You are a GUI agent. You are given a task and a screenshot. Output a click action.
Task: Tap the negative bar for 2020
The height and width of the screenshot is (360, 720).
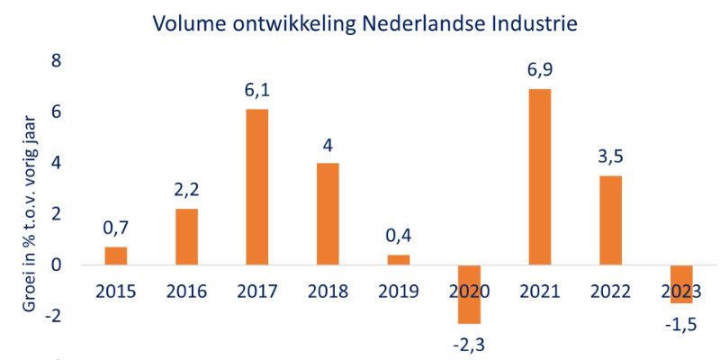point(468,294)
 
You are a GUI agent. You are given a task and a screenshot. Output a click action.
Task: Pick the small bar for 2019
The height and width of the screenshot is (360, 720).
point(398,260)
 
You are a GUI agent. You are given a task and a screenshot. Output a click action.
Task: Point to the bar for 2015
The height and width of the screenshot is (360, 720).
point(116,256)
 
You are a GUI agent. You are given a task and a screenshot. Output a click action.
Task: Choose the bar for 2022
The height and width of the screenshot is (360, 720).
point(609,220)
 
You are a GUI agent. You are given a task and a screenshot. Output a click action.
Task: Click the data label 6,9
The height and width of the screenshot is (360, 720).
point(538,69)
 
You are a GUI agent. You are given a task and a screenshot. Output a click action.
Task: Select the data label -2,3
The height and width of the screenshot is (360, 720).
point(468,342)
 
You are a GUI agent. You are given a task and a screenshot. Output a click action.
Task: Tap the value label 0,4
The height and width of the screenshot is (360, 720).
point(398,236)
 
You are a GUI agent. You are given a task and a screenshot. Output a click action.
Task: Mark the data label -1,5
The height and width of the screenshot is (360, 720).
point(679,321)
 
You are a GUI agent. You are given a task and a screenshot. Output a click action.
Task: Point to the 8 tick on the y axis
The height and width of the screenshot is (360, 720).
point(56,61)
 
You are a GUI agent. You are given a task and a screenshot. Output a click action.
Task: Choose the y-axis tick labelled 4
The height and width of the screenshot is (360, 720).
point(56,164)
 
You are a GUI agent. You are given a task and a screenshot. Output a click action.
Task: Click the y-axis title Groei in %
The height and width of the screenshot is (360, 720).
point(27,211)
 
